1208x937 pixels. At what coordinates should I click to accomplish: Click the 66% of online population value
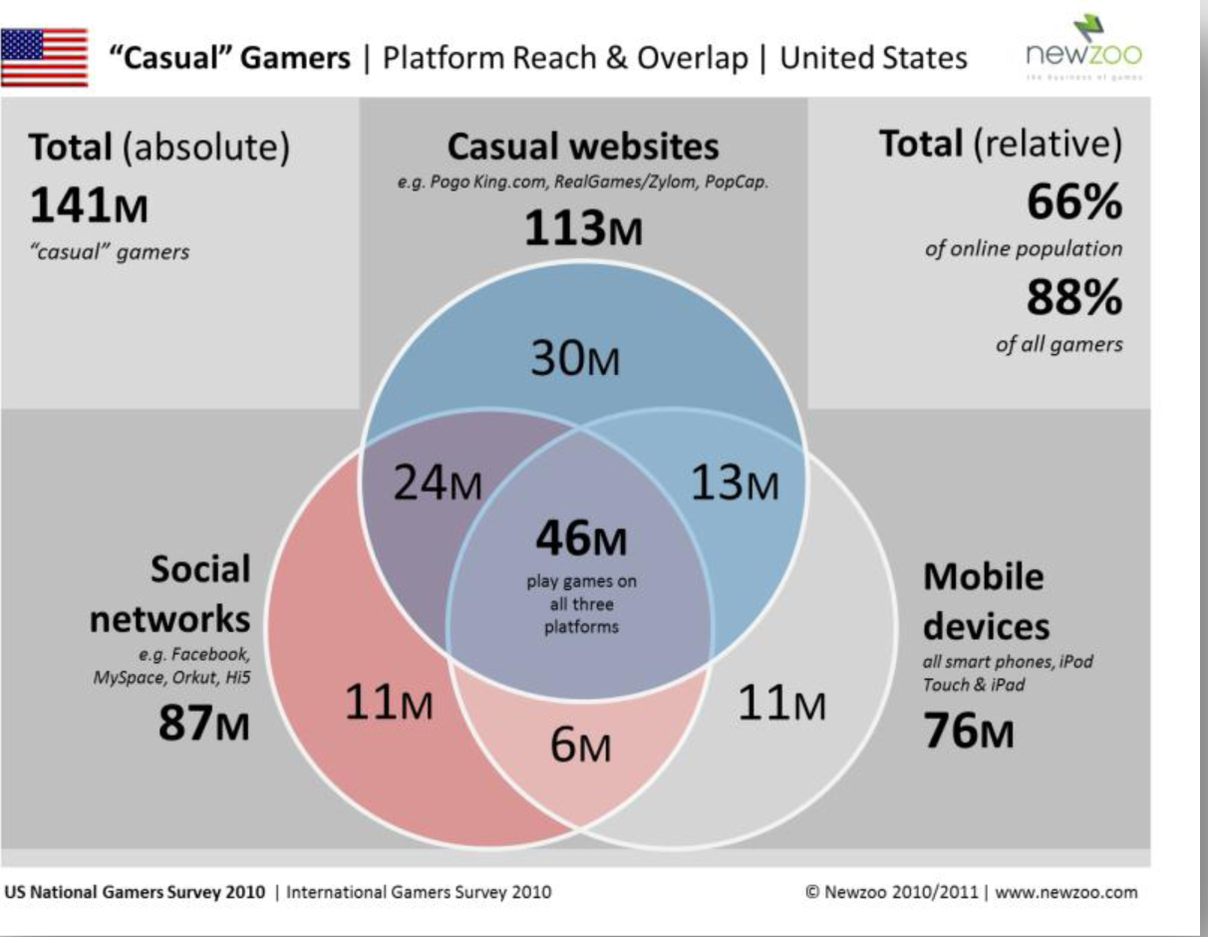click(x=1073, y=203)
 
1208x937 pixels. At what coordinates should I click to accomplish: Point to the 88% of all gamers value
click(x=1073, y=299)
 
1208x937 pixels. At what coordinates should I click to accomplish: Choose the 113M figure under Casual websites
click(x=583, y=230)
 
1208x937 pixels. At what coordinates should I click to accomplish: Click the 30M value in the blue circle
click(x=574, y=359)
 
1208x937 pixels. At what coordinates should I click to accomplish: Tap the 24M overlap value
click(x=437, y=483)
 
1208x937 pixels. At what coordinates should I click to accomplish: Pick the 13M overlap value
click(x=734, y=483)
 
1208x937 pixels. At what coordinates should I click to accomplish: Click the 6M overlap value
click(x=581, y=746)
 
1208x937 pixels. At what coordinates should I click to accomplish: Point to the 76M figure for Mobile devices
click(x=969, y=732)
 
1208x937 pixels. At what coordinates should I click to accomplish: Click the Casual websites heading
click(x=583, y=148)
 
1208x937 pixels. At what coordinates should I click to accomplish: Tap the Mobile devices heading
click(x=985, y=601)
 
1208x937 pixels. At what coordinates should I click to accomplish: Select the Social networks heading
click(x=171, y=594)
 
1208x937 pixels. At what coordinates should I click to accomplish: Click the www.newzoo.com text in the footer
click(x=1065, y=892)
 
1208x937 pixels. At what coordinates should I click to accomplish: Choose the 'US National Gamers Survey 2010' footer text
click(x=136, y=892)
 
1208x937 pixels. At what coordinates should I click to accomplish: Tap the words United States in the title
click(x=873, y=58)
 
